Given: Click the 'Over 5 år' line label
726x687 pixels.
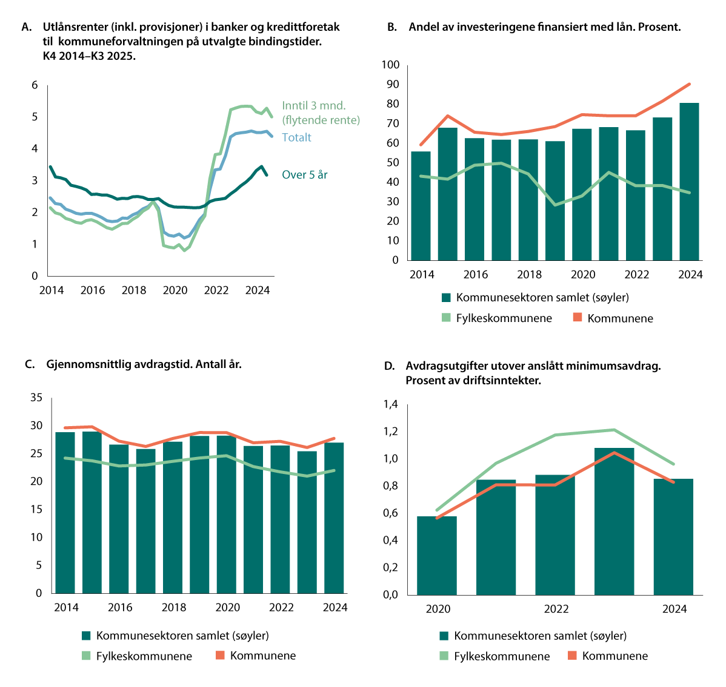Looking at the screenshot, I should pyautogui.click(x=305, y=175).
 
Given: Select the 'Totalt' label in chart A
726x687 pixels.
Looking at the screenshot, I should pyautogui.click(x=296, y=137).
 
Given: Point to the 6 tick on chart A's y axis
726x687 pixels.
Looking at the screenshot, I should pyautogui.click(x=35, y=85).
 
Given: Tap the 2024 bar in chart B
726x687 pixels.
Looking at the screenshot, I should pyautogui.click(x=689, y=182).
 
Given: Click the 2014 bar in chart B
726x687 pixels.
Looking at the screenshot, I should pyautogui.click(x=421, y=206).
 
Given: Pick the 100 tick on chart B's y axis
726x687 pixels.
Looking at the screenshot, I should pyautogui.click(x=391, y=65).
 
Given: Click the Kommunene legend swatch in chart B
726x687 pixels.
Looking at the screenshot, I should pyautogui.click(x=577, y=318).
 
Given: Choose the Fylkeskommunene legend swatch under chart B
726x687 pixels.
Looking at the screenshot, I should pyautogui.click(x=446, y=318).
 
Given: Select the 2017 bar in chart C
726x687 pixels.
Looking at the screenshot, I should pyautogui.click(x=146, y=521).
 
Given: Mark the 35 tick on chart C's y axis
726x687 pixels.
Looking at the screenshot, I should pyautogui.click(x=36, y=398).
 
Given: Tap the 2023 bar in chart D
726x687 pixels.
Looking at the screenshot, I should pyautogui.click(x=614, y=521).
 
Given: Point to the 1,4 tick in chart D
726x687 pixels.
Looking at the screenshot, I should pyautogui.click(x=390, y=404).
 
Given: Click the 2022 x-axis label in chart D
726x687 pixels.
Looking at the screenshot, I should pyautogui.click(x=556, y=609).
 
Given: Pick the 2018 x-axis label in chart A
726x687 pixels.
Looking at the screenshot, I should pyautogui.click(x=134, y=290).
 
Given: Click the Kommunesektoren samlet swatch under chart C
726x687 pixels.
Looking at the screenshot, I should pyautogui.click(x=86, y=636).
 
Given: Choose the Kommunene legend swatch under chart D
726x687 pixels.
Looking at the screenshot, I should pyautogui.click(x=572, y=656).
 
